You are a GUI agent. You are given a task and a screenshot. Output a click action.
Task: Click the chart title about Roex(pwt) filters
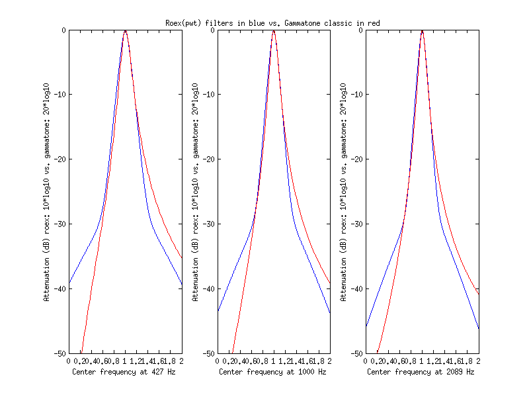272,23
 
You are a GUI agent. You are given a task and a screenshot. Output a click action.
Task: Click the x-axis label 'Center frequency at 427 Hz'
124,372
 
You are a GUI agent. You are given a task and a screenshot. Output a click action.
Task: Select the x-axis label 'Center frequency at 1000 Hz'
272,372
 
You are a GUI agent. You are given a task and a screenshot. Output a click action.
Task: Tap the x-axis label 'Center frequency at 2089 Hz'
421,372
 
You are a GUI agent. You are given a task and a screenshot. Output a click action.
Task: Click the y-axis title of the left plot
47,192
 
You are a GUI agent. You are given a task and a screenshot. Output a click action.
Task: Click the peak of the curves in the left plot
125,31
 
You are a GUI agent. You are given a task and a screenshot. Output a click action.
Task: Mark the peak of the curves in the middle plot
273,31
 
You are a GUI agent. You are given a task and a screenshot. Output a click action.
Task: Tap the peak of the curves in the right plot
422,31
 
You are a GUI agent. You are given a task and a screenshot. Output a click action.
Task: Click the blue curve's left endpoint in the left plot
69,283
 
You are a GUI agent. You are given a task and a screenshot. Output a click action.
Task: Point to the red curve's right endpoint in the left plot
182,259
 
